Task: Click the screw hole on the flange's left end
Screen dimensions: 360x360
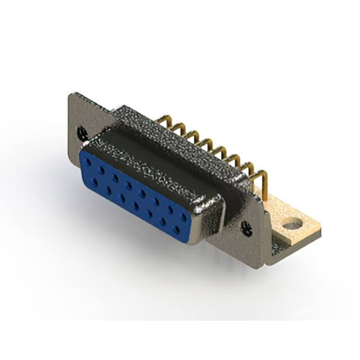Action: click(x=82, y=133)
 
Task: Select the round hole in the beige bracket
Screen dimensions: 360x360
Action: click(x=291, y=226)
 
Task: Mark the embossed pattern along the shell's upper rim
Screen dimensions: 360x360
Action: click(x=141, y=163)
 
